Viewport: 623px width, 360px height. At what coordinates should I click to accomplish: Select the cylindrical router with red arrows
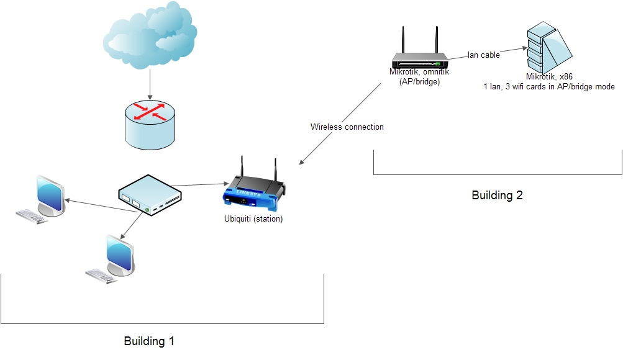point(150,125)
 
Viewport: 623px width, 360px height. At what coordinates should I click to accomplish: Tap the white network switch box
point(150,194)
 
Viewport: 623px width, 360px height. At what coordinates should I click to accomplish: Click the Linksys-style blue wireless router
point(253,189)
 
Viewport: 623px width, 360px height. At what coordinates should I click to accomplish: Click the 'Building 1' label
point(149,341)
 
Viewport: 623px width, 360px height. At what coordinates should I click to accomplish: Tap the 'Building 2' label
point(497,195)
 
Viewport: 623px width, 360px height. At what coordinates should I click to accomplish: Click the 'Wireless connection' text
point(347,127)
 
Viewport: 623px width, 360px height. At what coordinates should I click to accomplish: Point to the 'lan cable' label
point(484,55)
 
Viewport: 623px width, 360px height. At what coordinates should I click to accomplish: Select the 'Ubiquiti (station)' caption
point(253,218)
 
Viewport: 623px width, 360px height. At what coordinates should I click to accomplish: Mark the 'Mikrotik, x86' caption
point(549,77)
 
